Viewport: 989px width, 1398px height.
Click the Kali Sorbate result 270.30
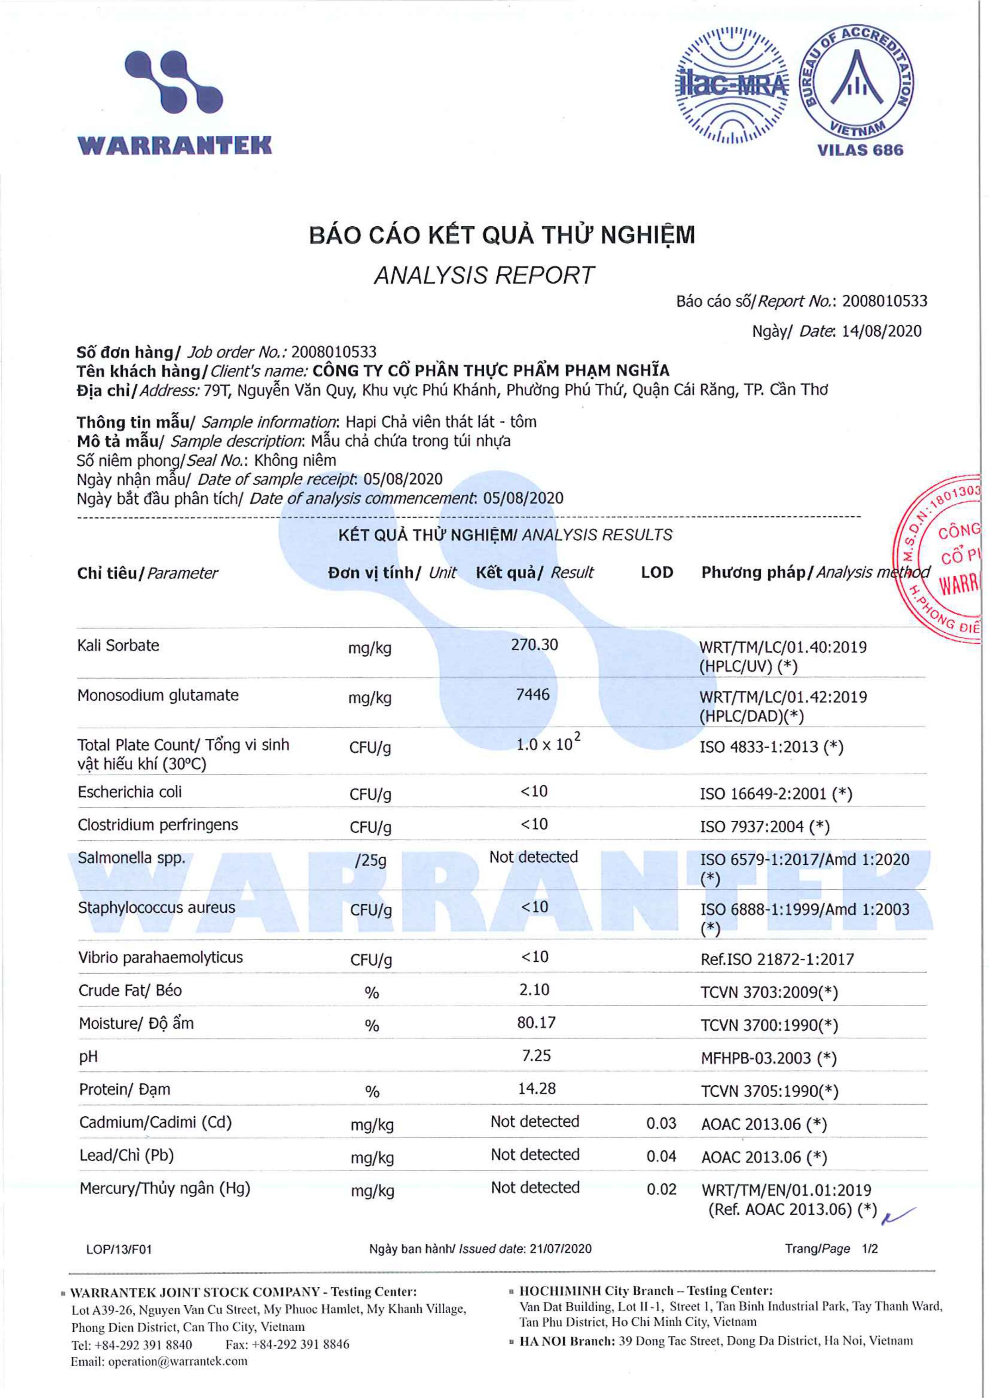[534, 645]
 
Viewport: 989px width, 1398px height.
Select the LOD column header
[657, 573]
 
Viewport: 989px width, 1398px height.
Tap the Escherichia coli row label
[130, 792]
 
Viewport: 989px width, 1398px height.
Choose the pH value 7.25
[536, 1055]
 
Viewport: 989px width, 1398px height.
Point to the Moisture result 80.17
[536, 1022]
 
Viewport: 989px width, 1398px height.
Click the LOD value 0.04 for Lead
[661, 1156]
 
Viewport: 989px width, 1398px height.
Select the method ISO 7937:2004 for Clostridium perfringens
[764, 827]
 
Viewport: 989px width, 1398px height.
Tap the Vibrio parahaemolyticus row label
[160, 957]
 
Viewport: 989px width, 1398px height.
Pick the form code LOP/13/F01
[119, 1249]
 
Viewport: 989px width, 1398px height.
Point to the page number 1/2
[869, 1249]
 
